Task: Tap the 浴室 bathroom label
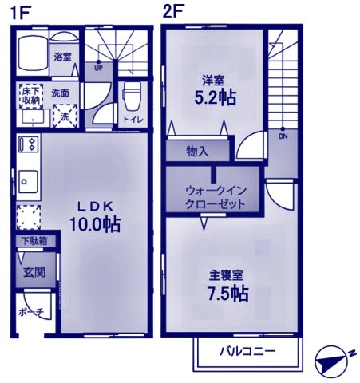(63, 57)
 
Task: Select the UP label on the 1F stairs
(97, 67)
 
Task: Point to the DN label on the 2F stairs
(283, 135)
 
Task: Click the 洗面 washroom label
(60, 93)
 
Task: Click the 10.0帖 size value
(93, 224)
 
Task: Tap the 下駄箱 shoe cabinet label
(34, 240)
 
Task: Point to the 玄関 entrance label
(34, 271)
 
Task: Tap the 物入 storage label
(197, 151)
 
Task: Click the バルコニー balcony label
(247, 351)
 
